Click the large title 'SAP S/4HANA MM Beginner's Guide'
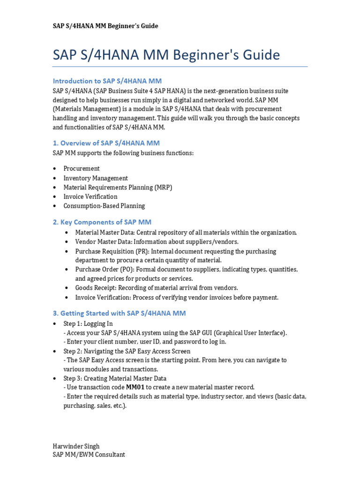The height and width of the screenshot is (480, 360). click(166, 55)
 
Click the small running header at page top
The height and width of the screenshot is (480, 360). click(105, 26)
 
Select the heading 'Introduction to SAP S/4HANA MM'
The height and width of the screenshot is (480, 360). click(107, 81)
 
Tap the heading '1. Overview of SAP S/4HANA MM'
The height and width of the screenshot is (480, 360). click(106, 143)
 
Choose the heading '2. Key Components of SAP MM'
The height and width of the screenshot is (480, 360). click(102, 222)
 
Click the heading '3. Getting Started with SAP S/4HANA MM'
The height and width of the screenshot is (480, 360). click(119, 313)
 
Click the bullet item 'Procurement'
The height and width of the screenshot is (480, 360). click(82, 168)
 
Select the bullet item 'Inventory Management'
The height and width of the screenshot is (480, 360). click(96, 178)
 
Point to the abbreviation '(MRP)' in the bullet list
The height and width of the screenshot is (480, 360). click(164, 187)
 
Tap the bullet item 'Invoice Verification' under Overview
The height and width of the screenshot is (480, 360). click(90, 196)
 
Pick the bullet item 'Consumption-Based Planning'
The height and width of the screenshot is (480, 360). click(104, 206)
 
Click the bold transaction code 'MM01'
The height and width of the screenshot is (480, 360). click(135, 387)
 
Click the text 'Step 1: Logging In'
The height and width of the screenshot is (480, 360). click(88, 324)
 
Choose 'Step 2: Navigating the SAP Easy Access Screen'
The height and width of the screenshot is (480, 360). click(127, 351)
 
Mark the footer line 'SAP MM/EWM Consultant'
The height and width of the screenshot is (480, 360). click(89, 455)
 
